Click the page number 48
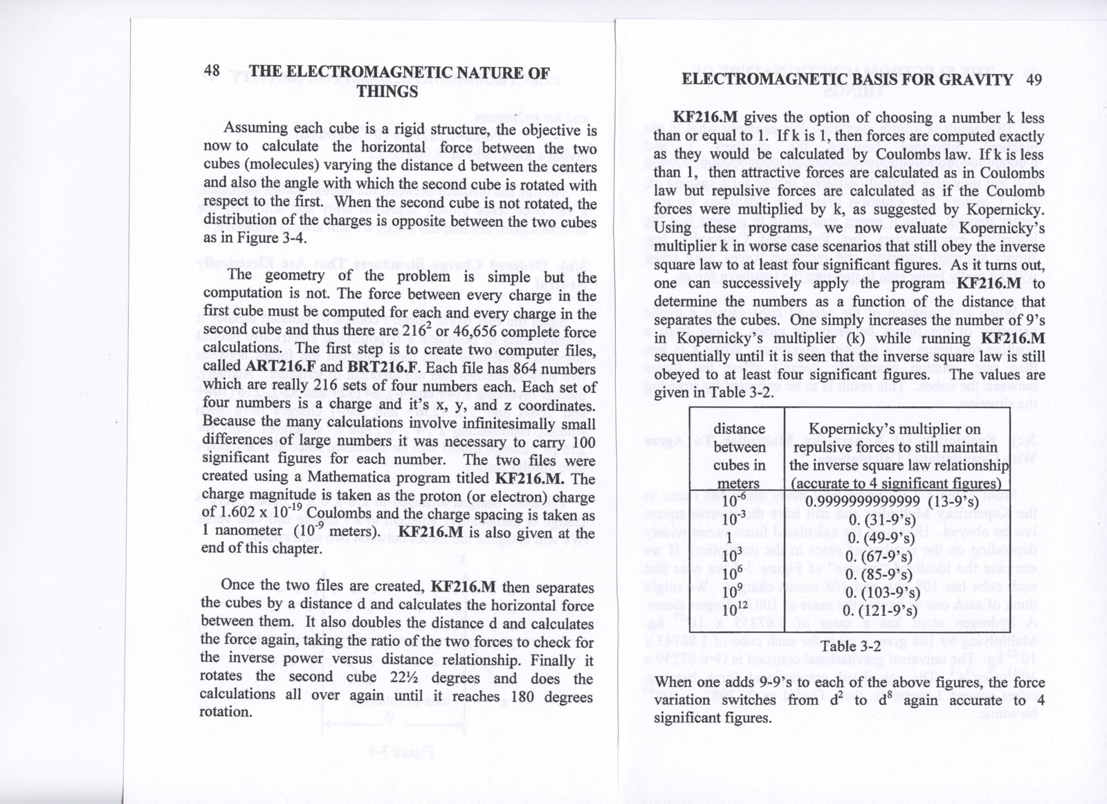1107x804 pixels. point(212,71)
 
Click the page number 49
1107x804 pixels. point(1033,79)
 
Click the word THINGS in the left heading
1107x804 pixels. point(387,91)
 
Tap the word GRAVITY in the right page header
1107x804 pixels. point(976,79)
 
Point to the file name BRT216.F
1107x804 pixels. point(382,367)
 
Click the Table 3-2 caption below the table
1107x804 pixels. point(850,646)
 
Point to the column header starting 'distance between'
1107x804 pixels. point(739,456)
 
